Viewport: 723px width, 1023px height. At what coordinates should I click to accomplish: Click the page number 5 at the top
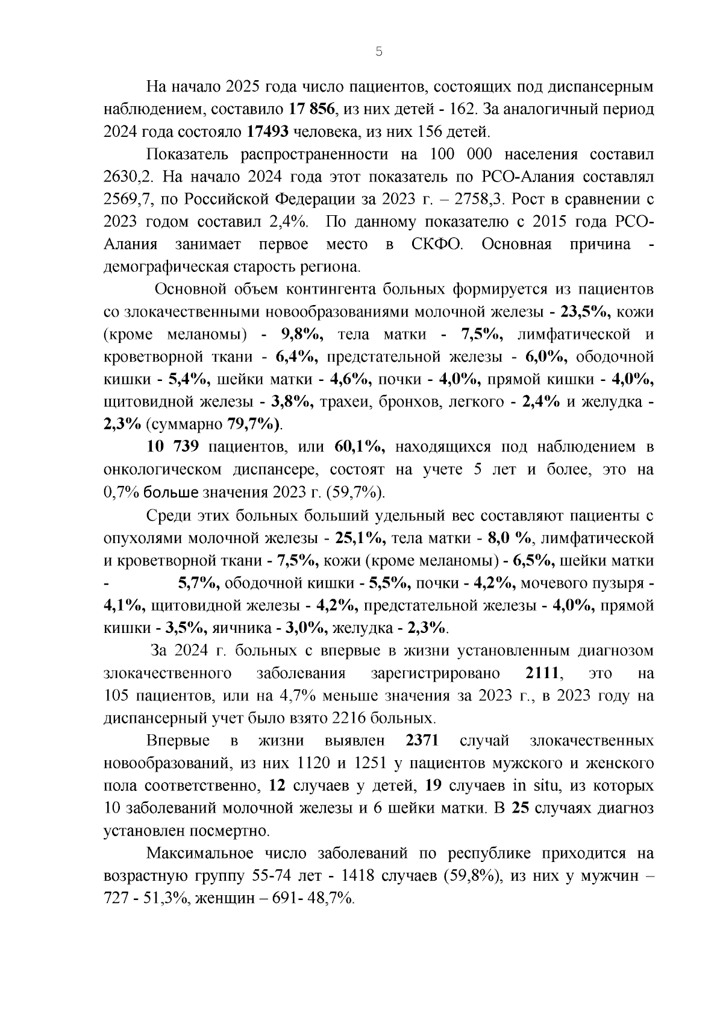tap(378, 52)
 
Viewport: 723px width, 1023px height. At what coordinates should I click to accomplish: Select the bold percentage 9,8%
tap(302, 335)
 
